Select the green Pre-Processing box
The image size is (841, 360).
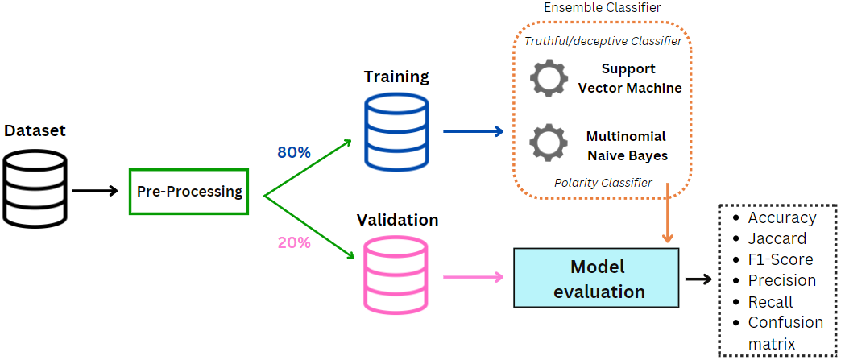point(189,192)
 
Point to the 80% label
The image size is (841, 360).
point(294,152)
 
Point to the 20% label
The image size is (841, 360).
point(294,242)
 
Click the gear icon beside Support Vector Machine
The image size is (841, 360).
point(549,78)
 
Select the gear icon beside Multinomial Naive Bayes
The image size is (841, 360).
point(549,143)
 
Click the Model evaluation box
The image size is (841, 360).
point(596,279)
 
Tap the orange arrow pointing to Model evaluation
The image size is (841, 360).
point(667,213)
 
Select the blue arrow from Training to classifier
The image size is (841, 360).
point(473,131)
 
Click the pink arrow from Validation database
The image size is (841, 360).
point(473,277)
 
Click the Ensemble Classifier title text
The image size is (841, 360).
point(603,8)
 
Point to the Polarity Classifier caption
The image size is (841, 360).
point(603,183)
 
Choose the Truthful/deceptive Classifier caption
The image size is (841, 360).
point(603,41)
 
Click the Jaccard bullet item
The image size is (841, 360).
point(777,238)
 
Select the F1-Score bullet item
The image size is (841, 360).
point(780,259)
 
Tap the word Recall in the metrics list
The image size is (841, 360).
point(770,302)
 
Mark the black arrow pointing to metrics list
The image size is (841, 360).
point(698,279)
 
